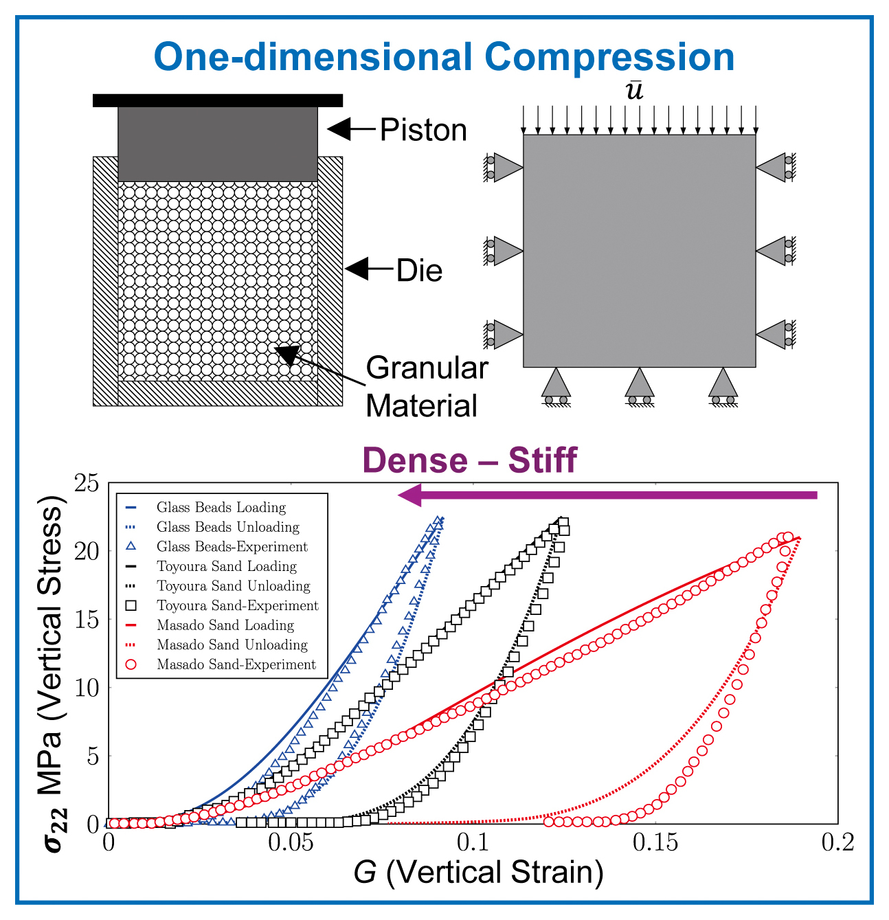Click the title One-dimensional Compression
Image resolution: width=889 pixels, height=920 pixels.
tap(444, 57)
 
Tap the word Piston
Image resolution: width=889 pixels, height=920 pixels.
tap(423, 130)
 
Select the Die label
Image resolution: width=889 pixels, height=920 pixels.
tap(419, 271)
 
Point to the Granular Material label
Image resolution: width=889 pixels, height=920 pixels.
tap(426, 387)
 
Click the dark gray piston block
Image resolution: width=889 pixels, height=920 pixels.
tap(218, 144)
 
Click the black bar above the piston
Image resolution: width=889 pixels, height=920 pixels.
tap(218, 100)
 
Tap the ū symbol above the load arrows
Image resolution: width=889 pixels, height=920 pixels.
tap(635, 90)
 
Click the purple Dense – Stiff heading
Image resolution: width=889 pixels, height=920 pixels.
tap(469, 460)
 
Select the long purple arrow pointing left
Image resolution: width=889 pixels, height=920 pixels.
tap(607, 495)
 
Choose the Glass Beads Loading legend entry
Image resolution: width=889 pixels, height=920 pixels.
tap(221, 508)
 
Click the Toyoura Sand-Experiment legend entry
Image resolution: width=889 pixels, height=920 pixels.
tap(237, 606)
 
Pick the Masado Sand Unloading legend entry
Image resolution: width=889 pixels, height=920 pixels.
tap(232, 645)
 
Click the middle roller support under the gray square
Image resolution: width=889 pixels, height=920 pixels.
tap(639, 387)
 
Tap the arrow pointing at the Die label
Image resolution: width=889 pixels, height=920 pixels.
tap(368, 269)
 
